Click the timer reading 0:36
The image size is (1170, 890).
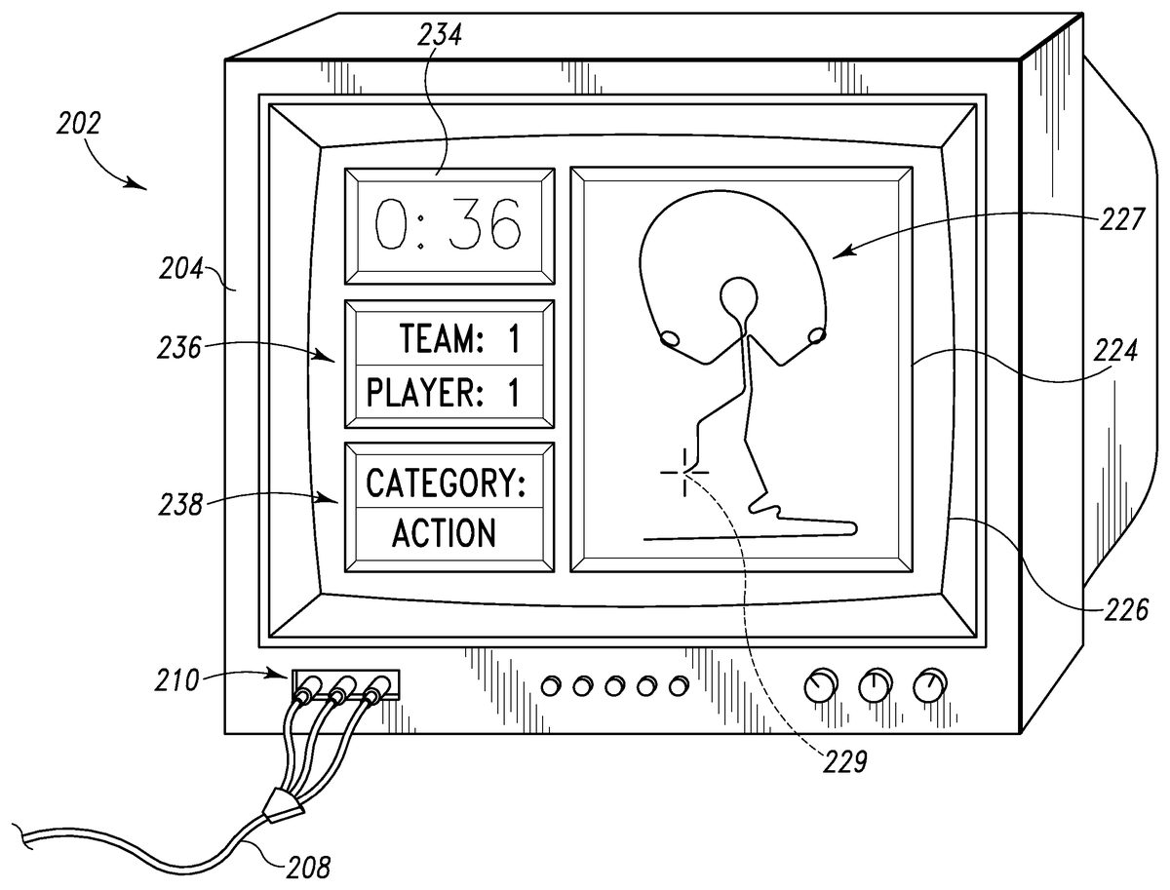click(448, 223)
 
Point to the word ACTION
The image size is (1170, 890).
click(444, 533)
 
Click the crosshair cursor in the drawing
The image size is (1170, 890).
click(684, 472)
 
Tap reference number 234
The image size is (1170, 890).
click(441, 37)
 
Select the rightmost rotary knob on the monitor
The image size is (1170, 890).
click(928, 686)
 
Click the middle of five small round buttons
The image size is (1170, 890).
click(613, 686)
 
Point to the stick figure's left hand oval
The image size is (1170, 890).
click(671, 338)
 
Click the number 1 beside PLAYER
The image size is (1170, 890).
click(512, 393)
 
